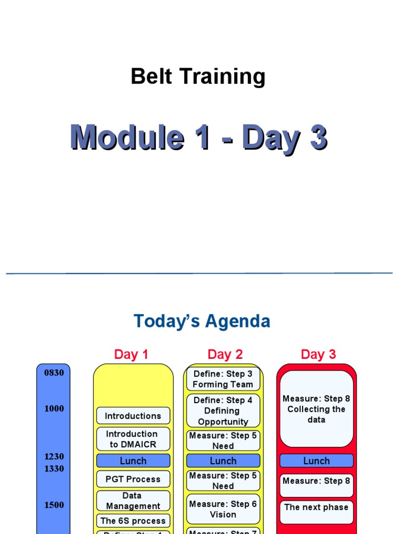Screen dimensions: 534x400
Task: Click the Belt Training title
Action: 198,77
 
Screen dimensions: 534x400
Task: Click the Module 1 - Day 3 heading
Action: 199,138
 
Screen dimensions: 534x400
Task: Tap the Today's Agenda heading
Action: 202,321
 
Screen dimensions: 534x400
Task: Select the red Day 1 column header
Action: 131,355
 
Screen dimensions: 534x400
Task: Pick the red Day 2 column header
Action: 225,355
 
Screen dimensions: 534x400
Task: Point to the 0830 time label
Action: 54,373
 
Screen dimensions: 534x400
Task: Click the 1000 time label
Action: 54,409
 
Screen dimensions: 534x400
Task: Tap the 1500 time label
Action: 54,505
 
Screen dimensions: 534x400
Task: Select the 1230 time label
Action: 54,457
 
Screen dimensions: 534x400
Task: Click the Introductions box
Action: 133,416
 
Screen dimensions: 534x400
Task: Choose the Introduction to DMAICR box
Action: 133,439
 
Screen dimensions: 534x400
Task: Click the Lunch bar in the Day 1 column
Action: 133,461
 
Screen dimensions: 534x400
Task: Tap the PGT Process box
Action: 133,479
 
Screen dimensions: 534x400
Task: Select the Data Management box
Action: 133,501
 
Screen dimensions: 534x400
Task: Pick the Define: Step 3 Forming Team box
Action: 223,379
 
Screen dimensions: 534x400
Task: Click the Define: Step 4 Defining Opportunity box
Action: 223,411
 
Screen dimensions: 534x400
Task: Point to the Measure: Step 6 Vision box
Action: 223,509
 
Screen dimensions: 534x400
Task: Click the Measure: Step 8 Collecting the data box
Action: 316,409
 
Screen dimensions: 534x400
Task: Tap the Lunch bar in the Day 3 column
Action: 316,461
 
